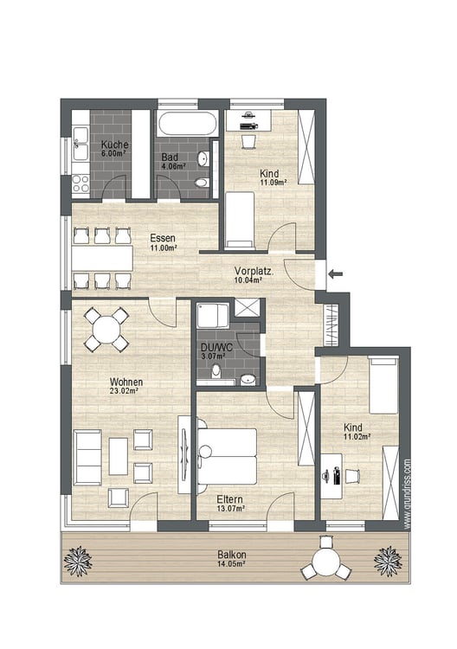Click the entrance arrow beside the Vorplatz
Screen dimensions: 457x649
coord(337,273)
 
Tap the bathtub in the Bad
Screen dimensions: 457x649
coord(187,123)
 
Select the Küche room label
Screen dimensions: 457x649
coord(114,145)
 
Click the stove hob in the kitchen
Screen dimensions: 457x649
coord(80,183)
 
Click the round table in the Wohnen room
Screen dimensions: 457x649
coord(106,330)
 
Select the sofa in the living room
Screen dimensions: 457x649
coord(87,458)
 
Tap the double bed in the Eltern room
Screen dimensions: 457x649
coord(226,456)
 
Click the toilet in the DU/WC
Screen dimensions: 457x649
coord(216,371)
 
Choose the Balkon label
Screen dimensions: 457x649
coord(232,555)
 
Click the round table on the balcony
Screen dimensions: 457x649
coord(326,562)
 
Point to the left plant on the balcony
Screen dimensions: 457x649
coord(78,561)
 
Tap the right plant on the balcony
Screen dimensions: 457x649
coord(388,561)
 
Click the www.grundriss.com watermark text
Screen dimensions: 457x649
coord(407,493)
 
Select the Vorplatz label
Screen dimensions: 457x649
coord(254,272)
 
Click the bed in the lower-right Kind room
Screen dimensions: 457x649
coord(383,386)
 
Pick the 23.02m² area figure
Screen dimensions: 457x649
coord(124,390)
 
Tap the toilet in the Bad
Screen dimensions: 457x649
coord(202,183)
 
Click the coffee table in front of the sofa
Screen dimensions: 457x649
coord(119,457)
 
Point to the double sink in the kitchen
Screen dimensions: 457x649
coord(80,143)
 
